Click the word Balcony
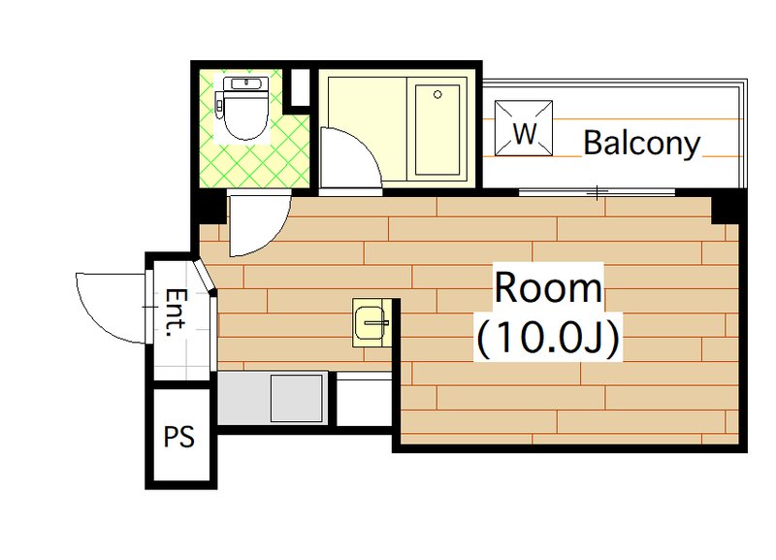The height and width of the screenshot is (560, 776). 642,144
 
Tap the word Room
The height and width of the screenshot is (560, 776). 548,287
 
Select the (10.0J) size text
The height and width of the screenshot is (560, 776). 548,338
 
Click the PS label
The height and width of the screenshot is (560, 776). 179,437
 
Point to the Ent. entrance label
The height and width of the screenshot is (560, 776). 177,313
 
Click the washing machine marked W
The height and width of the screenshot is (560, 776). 524,128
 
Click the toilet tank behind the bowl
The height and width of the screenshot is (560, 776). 246,83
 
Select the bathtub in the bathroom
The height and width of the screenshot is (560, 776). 437,130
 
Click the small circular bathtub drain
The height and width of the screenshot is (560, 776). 437,94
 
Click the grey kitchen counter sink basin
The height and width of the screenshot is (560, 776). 297,398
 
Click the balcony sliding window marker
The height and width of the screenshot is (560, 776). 598,192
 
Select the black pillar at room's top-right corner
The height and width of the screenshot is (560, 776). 727,208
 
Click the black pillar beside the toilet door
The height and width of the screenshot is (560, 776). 209,208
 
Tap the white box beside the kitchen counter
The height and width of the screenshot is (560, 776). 365,400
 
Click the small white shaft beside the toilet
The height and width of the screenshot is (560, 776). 299,87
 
